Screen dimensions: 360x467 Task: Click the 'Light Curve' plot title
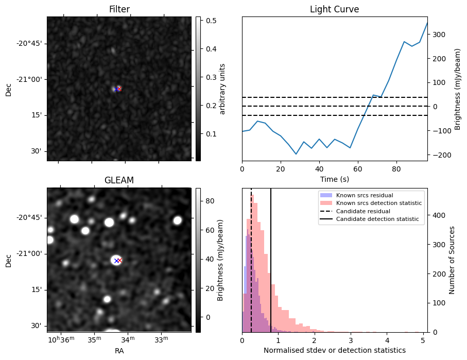pyautogui.click(x=334, y=9)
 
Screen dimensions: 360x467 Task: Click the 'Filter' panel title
pyautogui.click(x=119, y=9)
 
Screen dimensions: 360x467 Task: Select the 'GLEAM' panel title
pyautogui.click(x=119, y=180)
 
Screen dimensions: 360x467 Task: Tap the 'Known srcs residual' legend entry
pyautogui.click(x=364, y=195)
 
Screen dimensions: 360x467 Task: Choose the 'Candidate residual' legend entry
pyautogui.click(x=363, y=211)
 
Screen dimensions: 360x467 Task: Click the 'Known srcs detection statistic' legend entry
pyautogui.click(x=378, y=203)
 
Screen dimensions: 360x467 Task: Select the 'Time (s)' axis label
pyautogui.click(x=334, y=178)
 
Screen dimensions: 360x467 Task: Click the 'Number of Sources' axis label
pyautogui.click(x=453, y=260)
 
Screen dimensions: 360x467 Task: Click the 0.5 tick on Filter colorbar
pyautogui.click(x=211, y=21)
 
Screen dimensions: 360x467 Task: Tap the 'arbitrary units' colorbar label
pyautogui.click(x=223, y=89)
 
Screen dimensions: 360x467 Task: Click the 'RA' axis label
pyautogui.click(x=119, y=351)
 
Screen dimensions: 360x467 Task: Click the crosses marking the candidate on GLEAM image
pyautogui.click(x=117, y=261)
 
